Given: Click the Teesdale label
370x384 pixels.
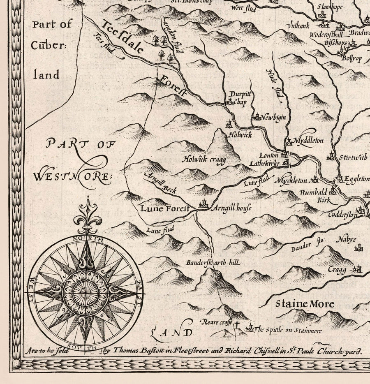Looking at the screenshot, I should [123, 37].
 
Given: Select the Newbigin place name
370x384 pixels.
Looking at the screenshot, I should [273, 118].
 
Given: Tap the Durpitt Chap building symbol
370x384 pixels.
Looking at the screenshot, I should [229, 102].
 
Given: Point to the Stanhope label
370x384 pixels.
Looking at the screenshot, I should [330, 6].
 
